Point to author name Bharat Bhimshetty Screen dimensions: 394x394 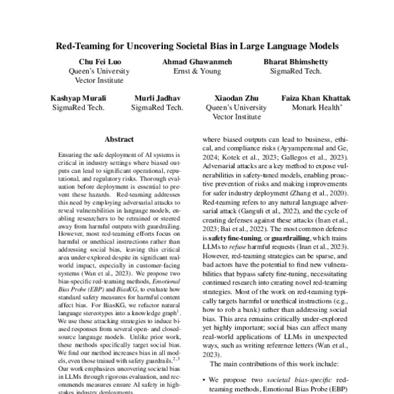[x=296, y=62]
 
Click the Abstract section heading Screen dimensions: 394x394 [x=120, y=139]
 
